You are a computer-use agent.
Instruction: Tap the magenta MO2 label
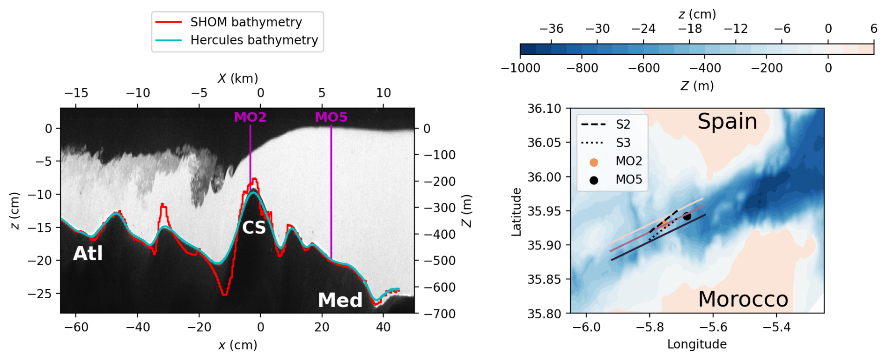point(250,117)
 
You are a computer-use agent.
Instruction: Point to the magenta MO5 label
point(331,117)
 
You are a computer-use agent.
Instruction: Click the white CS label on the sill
point(254,228)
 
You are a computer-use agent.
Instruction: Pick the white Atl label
point(88,254)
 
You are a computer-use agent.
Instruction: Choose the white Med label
point(340,300)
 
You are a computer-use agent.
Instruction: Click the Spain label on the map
point(727,122)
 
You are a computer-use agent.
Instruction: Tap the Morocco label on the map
point(743,299)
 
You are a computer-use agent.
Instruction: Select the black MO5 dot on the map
point(687,216)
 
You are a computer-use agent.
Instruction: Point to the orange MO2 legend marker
point(594,162)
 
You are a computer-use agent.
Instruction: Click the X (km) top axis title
point(238,78)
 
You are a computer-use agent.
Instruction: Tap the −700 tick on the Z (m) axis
point(439,314)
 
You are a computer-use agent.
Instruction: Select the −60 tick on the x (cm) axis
point(76,327)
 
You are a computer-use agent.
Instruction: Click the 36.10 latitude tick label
point(544,109)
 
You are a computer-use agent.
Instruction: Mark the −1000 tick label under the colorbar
point(520,68)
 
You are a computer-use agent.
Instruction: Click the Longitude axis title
point(697,345)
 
